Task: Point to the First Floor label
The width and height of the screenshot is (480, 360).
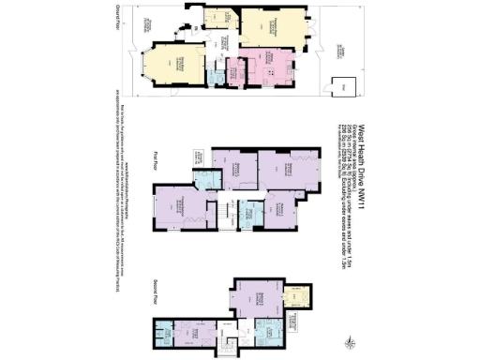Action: click(x=157, y=160)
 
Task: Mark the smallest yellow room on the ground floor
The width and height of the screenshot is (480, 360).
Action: click(x=223, y=20)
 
